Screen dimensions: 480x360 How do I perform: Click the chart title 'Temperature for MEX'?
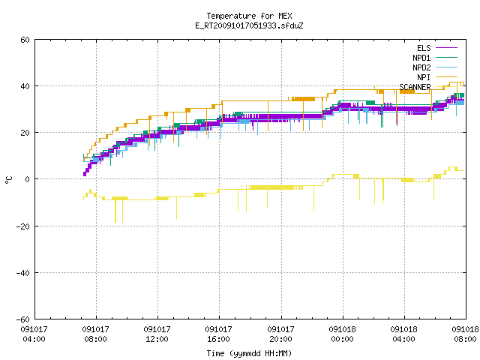click(x=249, y=16)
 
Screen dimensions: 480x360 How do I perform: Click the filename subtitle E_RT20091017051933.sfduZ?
click(x=249, y=25)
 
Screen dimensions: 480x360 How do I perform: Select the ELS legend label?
click(x=424, y=48)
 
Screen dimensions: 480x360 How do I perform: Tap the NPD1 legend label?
click(x=421, y=58)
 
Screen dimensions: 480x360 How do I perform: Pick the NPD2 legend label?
click(x=421, y=67)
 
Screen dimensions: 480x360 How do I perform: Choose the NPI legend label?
click(x=424, y=77)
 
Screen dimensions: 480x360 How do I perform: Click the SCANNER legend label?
click(x=415, y=87)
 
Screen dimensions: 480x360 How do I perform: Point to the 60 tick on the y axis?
click(x=25, y=40)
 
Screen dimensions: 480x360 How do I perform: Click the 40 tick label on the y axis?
click(x=25, y=86)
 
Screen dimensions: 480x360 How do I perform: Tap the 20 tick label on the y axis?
click(x=25, y=133)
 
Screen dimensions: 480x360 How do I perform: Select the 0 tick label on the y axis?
click(x=28, y=179)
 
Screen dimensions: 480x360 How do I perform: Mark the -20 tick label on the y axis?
click(x=23, y=226)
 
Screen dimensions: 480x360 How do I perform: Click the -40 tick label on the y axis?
click(x=23, y=273)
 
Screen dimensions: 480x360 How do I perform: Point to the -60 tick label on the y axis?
click(x=23, y=319)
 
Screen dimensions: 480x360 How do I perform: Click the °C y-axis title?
click(x=8, y=180)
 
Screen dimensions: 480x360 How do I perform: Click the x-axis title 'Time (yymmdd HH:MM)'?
click(x=249, y=353)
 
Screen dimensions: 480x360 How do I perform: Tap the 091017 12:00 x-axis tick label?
click(x=157, y=334)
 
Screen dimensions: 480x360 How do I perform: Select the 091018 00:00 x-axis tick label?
click(x=342, y=334)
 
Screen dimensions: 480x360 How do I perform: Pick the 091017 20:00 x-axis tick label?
click(x=280, y=334)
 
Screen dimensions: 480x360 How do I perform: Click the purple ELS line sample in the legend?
click(x=446, y=48)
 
